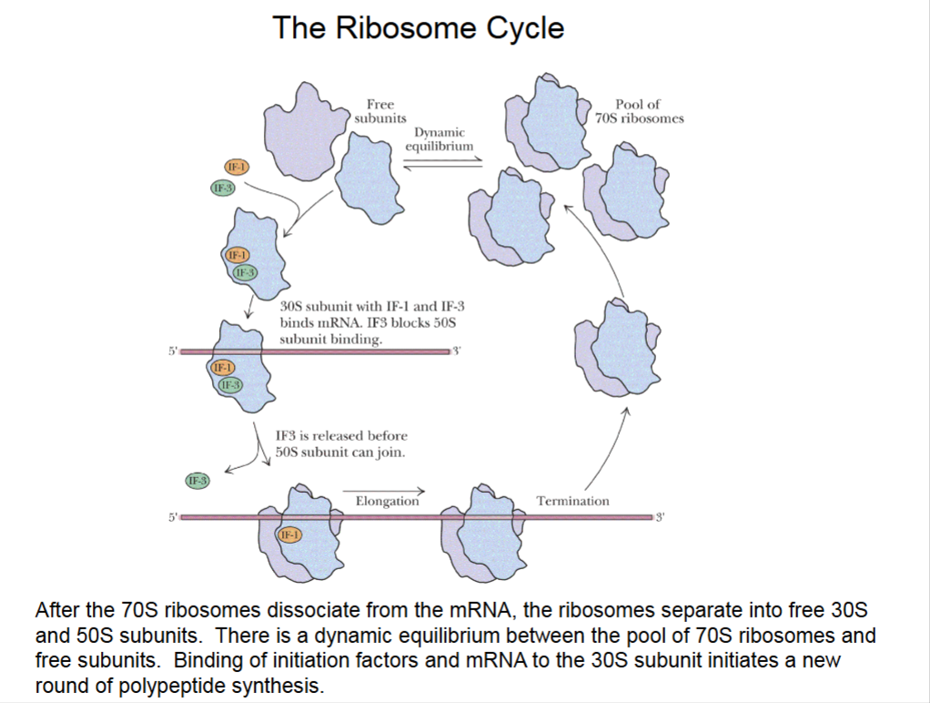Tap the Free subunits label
379,111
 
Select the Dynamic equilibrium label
440,138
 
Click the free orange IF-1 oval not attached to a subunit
237,168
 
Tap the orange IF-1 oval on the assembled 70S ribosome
289,535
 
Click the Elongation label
387,501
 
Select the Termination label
572,501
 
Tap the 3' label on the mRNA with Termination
660,517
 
